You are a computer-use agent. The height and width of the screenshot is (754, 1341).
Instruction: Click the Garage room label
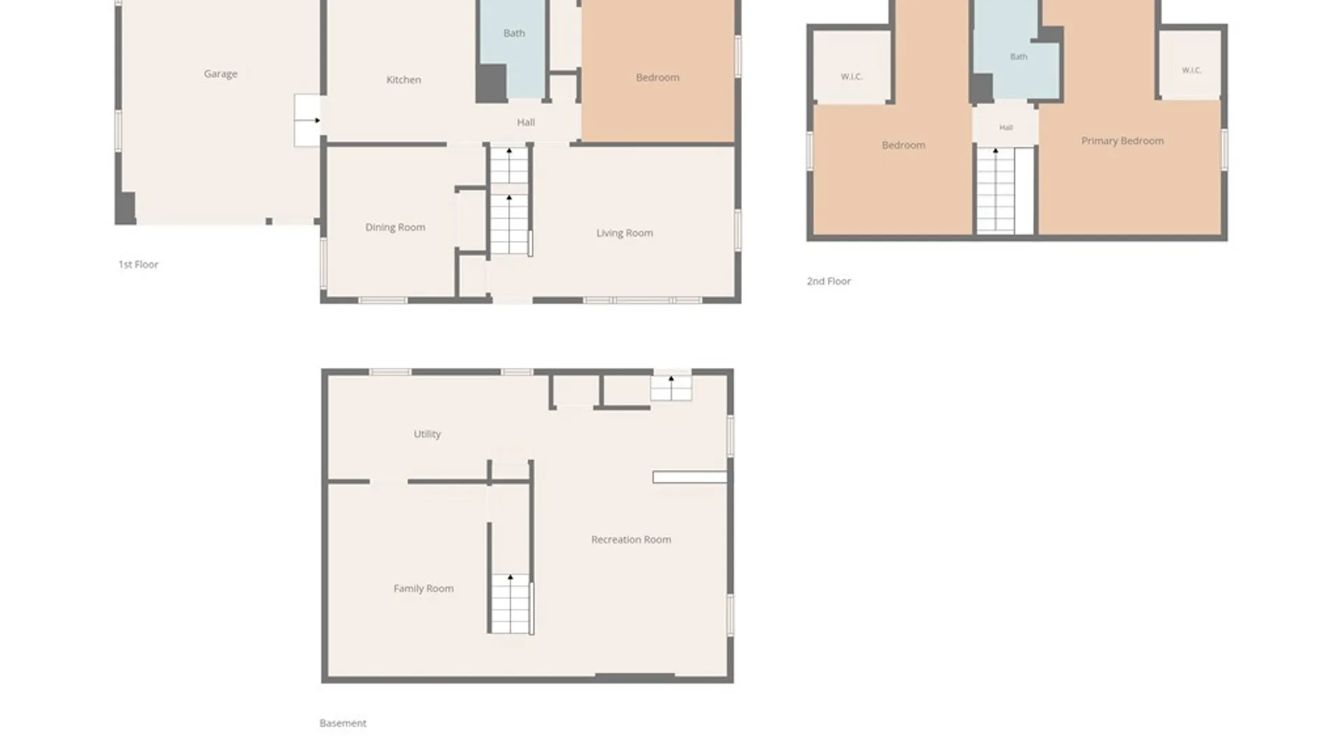pyautogui.click(x=221, y=74)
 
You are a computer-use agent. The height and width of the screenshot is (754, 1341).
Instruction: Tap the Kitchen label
pyautogui.click(x=404, y=80)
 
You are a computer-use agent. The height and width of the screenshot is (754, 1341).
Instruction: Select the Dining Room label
pyautogui.click(x=395, y=228)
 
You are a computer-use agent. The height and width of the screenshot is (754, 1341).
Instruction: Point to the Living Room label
pyautogui.click(x=624, y=233)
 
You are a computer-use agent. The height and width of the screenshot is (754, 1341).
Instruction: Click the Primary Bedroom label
pyautogui.click(x=1122, y=141)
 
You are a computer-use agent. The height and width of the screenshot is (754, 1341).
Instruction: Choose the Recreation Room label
pyautogui.click(x=631, y=540)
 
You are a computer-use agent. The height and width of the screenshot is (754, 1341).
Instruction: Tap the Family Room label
pyautogui.click(x=423, y=589)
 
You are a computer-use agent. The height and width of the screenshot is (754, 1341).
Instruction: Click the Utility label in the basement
pyautogui.click(x=427, y=434)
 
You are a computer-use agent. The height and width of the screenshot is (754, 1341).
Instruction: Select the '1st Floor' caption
pyautogui.click(x=138, y=265)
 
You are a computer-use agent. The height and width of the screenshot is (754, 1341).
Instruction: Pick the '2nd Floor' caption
pyautogui.click(x=829, y=281)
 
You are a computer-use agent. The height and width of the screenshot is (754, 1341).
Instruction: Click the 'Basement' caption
pyautogui.click(x=343, y=723)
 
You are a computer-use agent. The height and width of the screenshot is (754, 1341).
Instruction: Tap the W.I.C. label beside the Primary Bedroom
pyautogui.click(x=1192, y=71)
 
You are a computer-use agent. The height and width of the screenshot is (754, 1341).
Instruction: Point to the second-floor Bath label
pyautogui.click(x=1018, y=57)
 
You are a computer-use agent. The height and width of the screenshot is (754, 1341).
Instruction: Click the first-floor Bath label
pyautogui.click(x=514, y=34)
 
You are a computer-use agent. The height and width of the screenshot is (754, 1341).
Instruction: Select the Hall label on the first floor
pyautogui.click(x=526, y=123)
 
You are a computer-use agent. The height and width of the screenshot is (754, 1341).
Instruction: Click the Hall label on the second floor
pyautogui.click(x=1006, y=128)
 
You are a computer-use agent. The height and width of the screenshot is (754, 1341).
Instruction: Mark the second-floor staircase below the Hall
pyautogui.click(x=995, y=191)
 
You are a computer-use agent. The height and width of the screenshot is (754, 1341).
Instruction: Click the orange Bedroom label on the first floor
pyautogui.click(x=657, y=77)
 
